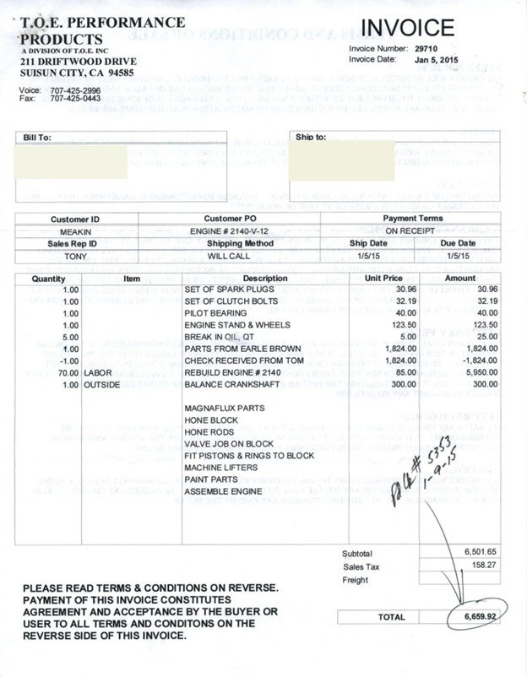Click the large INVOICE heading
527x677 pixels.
(407, 28)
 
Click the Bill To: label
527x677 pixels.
(38, 136)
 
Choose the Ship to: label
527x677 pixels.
(311, 136)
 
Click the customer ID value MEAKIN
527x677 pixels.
(76, 230)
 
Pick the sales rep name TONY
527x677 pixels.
(76, 254)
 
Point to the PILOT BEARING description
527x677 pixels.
(215, 312)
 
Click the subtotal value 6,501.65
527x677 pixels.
(461, 550)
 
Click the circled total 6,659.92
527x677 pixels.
(477, 617)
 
